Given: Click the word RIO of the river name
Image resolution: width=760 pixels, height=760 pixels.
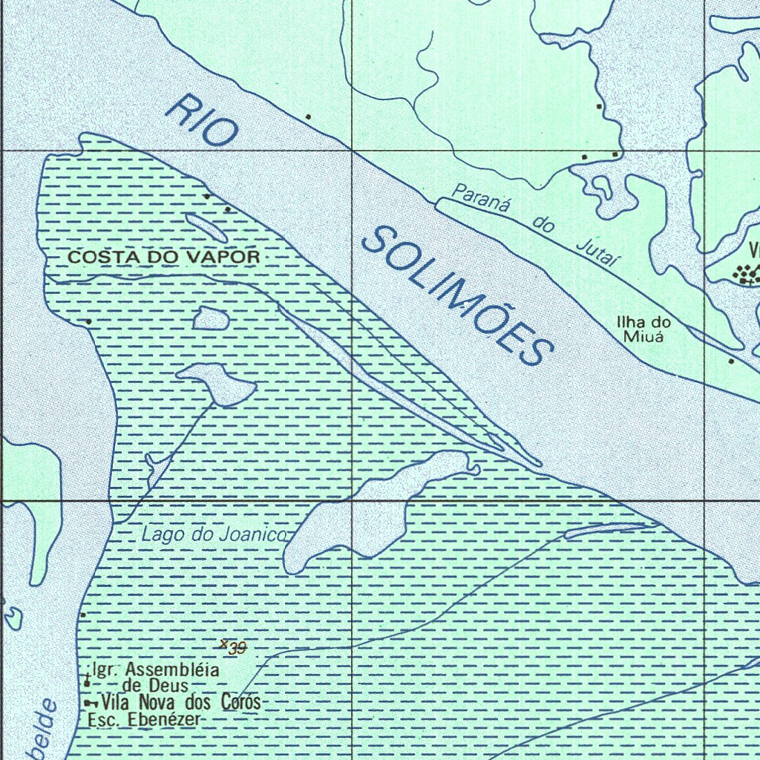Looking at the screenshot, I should (x=202, y=120).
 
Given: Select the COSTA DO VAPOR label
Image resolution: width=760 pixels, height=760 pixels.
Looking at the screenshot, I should (x=164, y=258).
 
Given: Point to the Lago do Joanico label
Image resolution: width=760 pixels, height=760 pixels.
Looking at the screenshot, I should (x=214, y=534).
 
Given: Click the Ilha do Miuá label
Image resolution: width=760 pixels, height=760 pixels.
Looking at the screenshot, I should (x=643, y=329).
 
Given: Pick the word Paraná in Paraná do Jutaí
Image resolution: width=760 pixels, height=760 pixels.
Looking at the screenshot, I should (x=479, y=199).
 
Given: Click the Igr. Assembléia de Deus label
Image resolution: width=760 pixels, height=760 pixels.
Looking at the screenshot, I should (x=157, y=677).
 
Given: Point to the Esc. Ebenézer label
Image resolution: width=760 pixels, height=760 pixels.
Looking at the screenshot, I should (x=144, y=720).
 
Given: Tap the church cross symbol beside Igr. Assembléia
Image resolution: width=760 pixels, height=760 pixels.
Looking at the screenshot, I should (x=87, y=679).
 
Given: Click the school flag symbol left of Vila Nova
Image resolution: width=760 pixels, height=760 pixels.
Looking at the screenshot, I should (x=90, y=702).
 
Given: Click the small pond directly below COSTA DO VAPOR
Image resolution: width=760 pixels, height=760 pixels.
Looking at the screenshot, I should (x=210, y=318).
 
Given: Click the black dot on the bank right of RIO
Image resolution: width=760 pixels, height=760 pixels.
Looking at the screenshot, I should (x=308, y=117).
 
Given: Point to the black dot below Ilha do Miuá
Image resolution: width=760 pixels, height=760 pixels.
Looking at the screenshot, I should (x=731, y=361).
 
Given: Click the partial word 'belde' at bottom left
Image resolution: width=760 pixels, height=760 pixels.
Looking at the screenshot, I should (x=41, y=731).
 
